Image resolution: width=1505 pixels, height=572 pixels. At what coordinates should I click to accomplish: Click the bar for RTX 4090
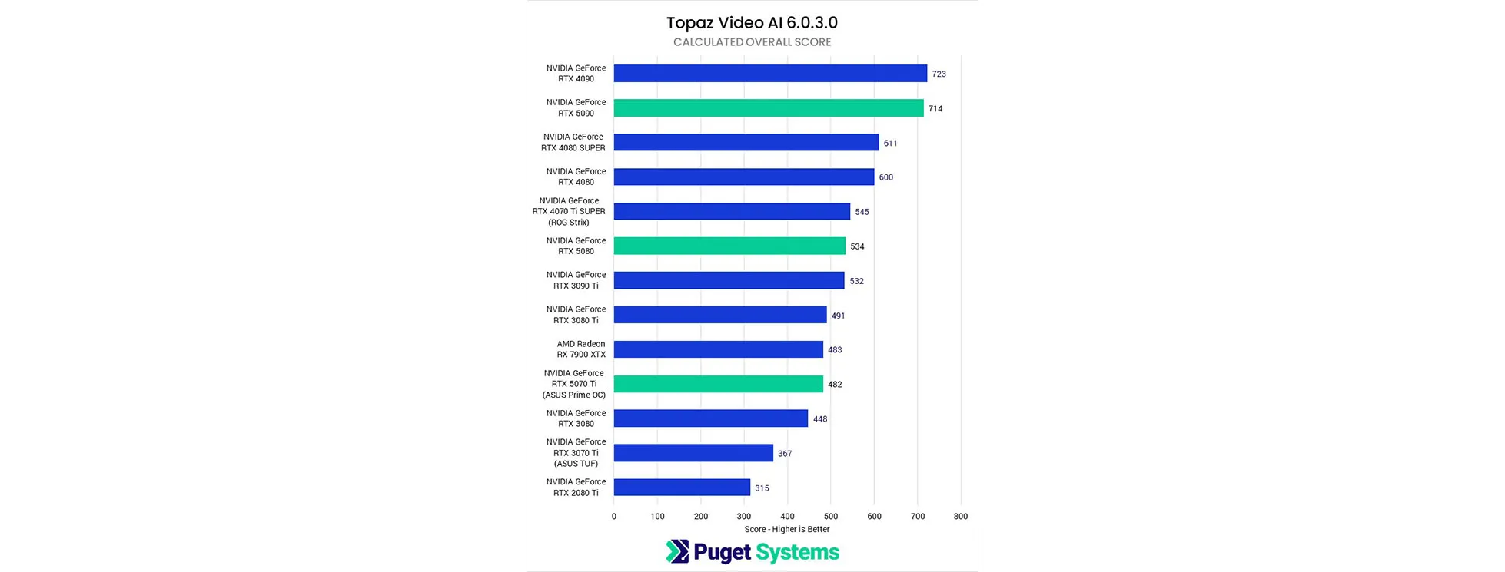(x=770, y=74)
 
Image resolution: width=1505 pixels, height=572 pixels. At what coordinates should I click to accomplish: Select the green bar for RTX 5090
(x=769, y=108)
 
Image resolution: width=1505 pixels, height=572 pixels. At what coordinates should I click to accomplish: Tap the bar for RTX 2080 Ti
(x=682, y=488)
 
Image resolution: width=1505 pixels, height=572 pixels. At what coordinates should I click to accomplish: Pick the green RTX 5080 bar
(x=729, y=246)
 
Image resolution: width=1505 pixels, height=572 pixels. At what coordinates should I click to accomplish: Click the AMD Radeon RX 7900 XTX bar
(x=718, y=349)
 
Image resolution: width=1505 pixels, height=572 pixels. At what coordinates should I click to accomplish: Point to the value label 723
(x=939, y=74)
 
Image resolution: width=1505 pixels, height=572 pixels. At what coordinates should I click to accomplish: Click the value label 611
(x=890, y=144)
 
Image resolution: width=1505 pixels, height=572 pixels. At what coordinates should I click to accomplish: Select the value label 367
(x=784, y=454)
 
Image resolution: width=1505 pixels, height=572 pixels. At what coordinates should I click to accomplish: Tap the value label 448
(x=820, y=419)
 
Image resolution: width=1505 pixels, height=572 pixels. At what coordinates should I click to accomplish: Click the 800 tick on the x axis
(x=960, y=517)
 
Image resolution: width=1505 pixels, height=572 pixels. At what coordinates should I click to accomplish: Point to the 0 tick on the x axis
(x=613, y=517)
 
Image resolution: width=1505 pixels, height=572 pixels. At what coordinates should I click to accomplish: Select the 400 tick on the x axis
(x=787, y=517)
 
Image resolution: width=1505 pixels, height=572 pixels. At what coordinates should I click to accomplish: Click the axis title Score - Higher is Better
(x=786, y=529)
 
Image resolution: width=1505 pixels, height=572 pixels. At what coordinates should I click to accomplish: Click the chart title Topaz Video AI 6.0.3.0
(x=752, y=23)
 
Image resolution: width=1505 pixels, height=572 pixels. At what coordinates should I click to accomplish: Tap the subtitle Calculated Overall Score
(x=752, y=42)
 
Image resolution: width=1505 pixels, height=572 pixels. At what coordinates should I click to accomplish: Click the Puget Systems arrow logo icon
(x=676, y=551)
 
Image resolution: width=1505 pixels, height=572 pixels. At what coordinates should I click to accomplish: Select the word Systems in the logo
(x=797, y=552)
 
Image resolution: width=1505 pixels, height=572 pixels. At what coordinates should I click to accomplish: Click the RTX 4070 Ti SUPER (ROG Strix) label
(x=569, y=211)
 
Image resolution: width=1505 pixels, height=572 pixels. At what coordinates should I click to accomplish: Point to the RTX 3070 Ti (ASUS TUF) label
(x=576, y=453)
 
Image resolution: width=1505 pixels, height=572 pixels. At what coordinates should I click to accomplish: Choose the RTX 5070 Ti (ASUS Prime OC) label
(x=574, y=384)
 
